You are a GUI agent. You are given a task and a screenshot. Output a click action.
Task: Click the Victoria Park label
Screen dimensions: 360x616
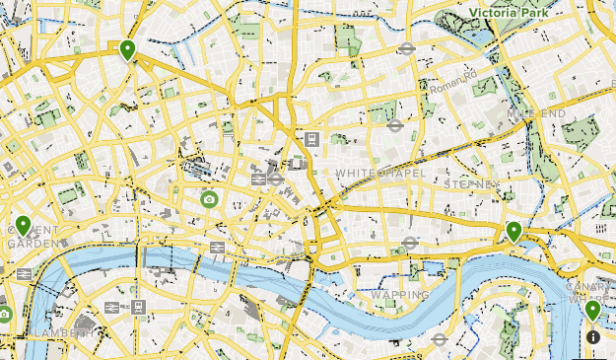tap(510, 13)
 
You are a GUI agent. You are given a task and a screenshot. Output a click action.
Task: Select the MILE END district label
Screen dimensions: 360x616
tap(535, 113)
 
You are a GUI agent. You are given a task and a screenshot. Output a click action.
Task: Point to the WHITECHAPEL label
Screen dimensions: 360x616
tap(380, 173)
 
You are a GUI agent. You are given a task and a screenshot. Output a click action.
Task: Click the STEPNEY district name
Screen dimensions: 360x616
tap(473, 183)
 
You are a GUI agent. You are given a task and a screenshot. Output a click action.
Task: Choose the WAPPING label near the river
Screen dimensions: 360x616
tap(399, 294)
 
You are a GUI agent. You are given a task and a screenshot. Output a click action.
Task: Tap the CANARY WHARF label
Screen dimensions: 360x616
tap(589, 293)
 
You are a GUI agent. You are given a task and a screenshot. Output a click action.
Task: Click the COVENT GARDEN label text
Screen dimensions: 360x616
tap(32, 236)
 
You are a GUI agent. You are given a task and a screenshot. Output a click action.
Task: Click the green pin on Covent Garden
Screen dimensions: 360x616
tap(23, 226)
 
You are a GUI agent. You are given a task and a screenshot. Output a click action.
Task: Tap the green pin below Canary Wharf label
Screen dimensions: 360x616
tap(592, 311)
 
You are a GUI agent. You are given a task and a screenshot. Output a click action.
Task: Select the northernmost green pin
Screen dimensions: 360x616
tap(127, 49)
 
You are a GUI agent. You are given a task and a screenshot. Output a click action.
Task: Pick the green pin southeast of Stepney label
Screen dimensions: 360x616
tap(513, 232)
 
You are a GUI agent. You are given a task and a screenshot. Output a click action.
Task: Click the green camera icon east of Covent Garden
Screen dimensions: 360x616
tap(209, 199)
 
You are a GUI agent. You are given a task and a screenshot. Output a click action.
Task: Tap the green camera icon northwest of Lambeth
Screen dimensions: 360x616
tap(4, 314)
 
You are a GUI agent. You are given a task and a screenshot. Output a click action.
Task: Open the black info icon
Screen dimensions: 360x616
tap(592, 337)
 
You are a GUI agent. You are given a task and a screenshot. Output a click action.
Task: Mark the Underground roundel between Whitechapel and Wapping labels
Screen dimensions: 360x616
tap(411, 242)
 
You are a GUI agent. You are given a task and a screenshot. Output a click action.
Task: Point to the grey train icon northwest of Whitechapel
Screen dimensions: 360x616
tap(311, 139)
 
